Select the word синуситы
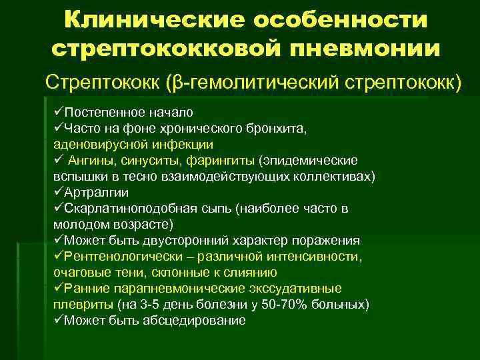[149, 160]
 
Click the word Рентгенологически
[126, 256]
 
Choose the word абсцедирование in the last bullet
[194, 320]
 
